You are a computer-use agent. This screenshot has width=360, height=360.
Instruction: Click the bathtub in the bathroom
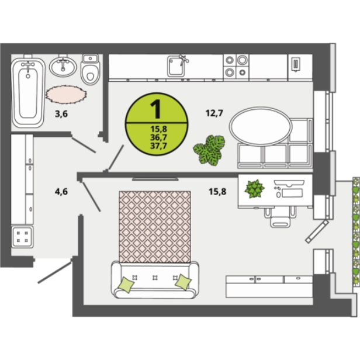tap(28, 92)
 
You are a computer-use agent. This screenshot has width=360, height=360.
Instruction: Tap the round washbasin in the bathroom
tap(63, 67)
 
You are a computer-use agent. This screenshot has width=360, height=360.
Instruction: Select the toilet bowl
tap(90, 70)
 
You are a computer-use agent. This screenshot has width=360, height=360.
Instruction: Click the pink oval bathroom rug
tap(66, 94)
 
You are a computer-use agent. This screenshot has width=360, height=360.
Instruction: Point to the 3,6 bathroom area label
tap(61, 113)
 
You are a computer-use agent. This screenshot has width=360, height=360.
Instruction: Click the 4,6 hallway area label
tap(61, 191)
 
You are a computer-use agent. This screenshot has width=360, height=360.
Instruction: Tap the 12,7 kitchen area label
tap(214, 113)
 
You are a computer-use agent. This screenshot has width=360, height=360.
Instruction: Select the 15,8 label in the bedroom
tap(217, 191)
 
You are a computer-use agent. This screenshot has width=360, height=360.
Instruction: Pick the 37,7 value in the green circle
tap(158, 146)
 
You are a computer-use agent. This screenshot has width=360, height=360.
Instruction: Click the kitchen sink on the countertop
tap(176, 66)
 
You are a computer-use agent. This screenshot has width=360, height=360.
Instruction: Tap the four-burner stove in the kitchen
tap(236, 67)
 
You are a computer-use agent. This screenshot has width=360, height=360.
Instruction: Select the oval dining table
tap(261, 126)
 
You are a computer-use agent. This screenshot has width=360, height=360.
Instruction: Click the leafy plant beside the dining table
tap(209, 150)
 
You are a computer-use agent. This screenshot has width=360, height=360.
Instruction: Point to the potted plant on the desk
tap(254, 189)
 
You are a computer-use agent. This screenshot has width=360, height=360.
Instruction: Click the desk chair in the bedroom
tap(279, 217)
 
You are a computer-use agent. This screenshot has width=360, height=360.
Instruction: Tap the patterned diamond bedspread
tap(155, 227)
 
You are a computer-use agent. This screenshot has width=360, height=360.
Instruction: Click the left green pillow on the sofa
tap(126, 285)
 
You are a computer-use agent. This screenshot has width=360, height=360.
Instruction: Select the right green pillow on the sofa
tap(183, 282)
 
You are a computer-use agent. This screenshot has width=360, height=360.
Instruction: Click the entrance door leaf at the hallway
tap(55, 272)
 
